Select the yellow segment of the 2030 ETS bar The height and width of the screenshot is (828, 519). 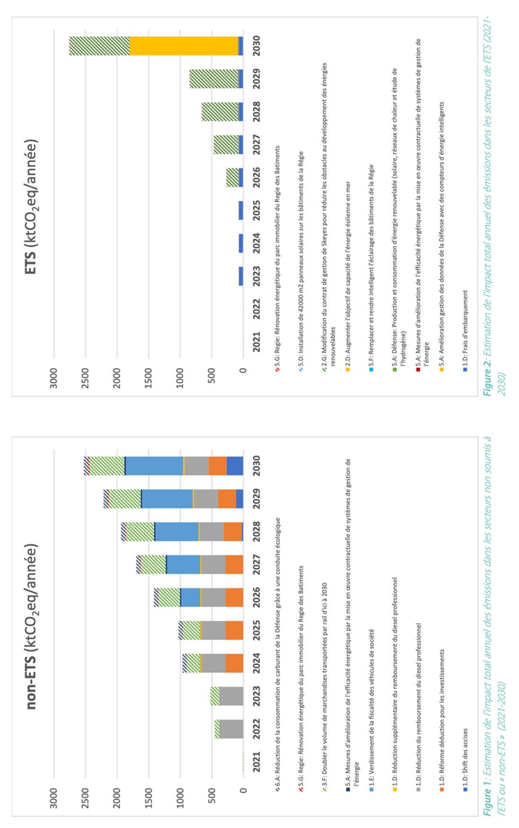pyautogui.click(x=184, y=46)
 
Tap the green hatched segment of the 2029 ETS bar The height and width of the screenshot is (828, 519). pyautogui.click(x=214, y=79)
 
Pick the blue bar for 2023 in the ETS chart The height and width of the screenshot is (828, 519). pyautogui.click(x=241, y=276)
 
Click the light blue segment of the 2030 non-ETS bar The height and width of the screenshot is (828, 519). pyautogui.click(x=154, y=466)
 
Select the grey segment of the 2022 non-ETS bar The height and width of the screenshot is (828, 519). pyautogui.click(x=231, y=729)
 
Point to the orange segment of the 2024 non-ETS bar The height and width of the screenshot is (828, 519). pyautogui.click(x=234, y=663)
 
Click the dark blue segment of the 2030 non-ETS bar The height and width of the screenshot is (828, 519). pyautogui.click(x=235, y=466)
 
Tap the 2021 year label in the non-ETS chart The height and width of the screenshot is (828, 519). pyautogui.click(x=256, y=762)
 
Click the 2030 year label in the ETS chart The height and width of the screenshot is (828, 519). pyautogui.click(x=256, y=46)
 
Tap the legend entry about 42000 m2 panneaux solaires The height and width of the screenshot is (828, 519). pyautogui.click(x=301, y=261)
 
